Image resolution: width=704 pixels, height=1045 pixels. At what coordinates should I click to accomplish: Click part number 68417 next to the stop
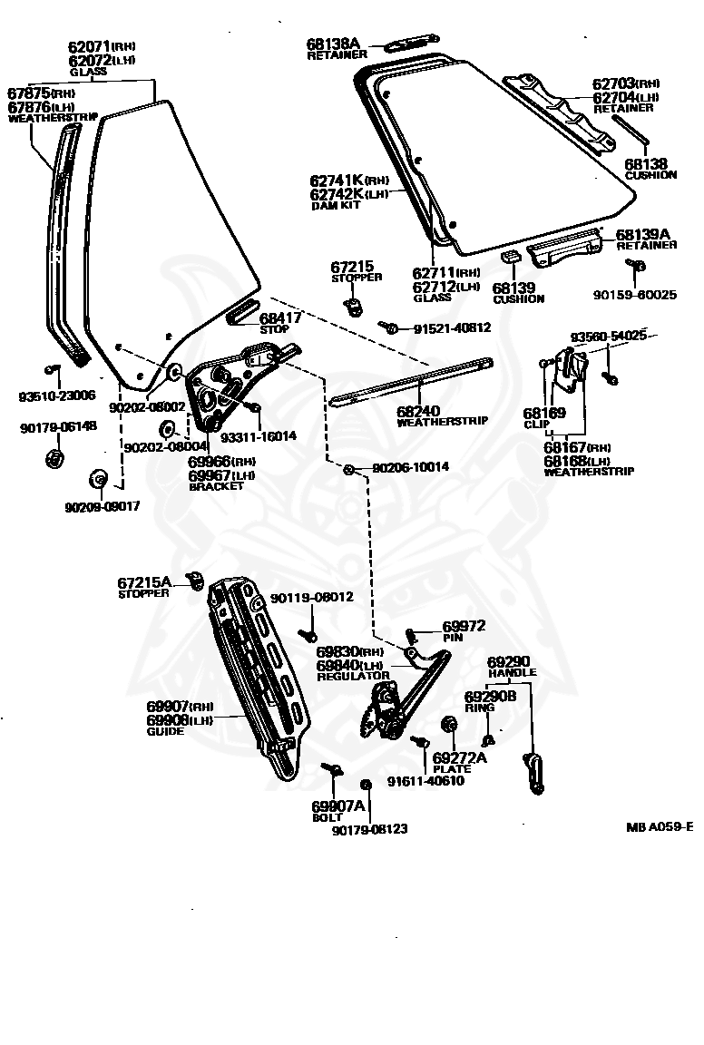(281, 317)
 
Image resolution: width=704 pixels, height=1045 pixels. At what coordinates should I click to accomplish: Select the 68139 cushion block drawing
(510, 259)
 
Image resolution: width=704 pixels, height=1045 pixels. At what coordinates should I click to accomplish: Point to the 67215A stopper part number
(144, 582)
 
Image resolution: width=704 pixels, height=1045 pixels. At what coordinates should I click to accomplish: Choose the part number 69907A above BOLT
(337, 806)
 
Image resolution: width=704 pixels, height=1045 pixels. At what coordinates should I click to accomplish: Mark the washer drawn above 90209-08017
(97, 478)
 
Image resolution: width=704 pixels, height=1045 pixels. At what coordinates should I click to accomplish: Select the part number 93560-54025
(608, 337)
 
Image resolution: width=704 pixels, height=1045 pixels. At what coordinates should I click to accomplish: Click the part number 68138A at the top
(333, 43)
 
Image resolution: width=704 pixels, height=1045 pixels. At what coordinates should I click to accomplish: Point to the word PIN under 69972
(452, 638)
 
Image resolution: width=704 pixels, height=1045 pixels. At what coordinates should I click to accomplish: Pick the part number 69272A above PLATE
(459, 757)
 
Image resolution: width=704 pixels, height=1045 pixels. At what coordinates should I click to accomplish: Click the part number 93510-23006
(57, 396)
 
